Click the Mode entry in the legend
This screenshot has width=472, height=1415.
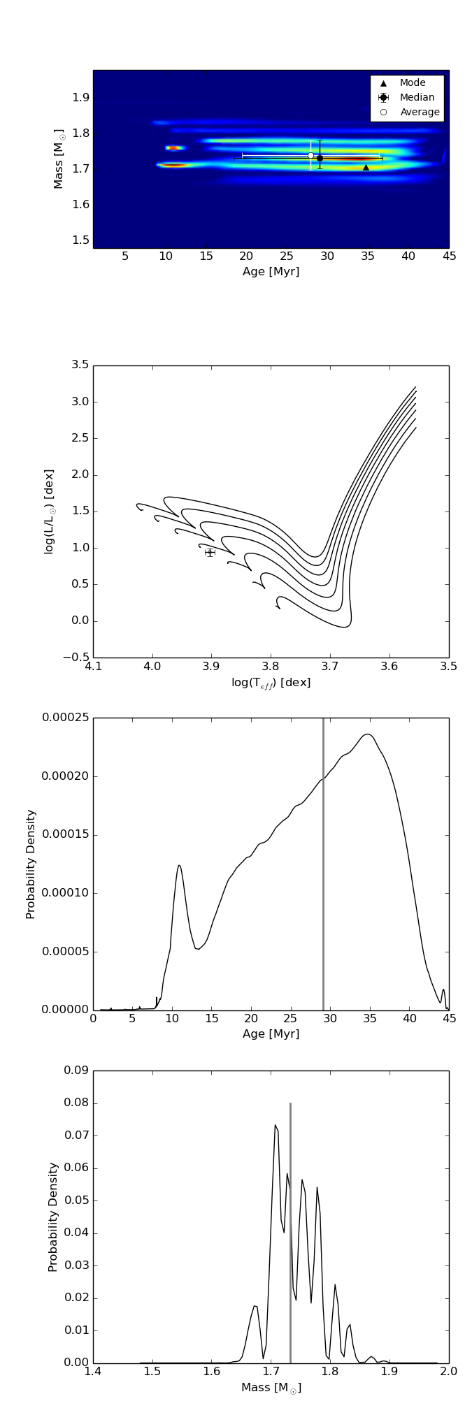412,83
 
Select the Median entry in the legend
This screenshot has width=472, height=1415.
417,98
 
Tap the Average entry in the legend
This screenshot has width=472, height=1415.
420,113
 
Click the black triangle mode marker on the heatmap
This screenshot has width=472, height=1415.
366,168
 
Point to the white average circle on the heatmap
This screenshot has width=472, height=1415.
311,155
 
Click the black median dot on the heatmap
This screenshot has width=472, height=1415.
320,159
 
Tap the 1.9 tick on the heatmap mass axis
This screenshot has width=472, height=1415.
80,97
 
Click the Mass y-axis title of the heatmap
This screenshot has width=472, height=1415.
59,159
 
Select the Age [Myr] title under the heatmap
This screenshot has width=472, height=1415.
271,272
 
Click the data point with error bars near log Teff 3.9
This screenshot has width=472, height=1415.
210,553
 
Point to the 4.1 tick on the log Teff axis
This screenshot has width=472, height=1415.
93,666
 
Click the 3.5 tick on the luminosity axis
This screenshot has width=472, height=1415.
80,365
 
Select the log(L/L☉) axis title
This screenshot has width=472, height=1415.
49,511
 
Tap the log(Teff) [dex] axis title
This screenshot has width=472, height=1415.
271,683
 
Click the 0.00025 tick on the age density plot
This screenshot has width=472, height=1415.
65,718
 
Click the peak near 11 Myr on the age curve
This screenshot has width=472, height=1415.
179,866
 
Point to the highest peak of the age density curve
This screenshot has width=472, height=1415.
367,734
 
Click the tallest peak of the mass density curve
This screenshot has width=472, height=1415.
276,1125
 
